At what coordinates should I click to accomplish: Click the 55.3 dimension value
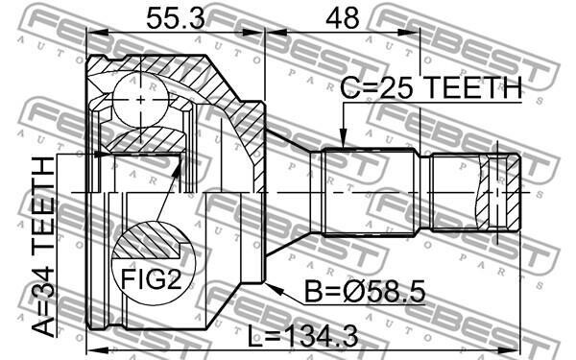click(x=176, y=18)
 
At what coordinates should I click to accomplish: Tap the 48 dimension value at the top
click(x=342, y=18)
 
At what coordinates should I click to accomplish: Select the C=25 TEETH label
click(x=431, y=87)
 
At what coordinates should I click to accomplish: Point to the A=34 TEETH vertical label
click(x=42, y=247)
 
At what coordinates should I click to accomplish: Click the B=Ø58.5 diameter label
click(x=365, y=291)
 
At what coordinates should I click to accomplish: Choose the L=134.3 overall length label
click(x=302, y=337)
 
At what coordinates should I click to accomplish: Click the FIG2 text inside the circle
click(x=152, y=278)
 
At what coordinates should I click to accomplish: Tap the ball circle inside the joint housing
click(x=141, y=100)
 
